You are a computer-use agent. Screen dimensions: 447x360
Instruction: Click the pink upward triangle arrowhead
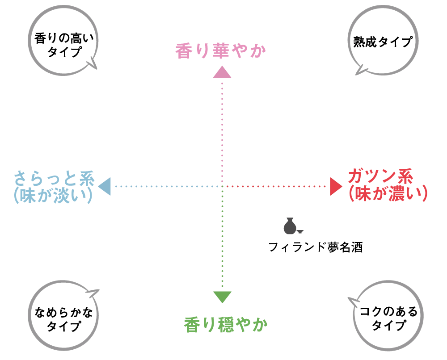point(222,73)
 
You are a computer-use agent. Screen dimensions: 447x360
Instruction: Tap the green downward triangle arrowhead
point(222,297)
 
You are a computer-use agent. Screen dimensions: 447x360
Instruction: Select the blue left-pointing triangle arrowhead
point(105,186)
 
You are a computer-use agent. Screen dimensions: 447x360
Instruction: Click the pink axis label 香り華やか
point(220,51)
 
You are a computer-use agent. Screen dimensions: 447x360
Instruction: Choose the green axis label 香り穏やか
point(226,325)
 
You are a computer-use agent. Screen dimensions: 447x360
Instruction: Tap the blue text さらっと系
point(54,178)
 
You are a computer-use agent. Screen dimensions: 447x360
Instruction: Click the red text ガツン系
point(380,176)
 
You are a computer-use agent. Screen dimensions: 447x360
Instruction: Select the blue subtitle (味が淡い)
point(53,195)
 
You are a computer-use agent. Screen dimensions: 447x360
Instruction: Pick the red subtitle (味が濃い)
point(388,193)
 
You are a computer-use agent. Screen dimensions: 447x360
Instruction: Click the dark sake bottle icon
point(290,226)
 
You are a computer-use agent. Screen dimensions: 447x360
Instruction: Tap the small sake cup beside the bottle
point(300,231)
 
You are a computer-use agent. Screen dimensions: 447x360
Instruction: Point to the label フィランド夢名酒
point(316,247)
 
